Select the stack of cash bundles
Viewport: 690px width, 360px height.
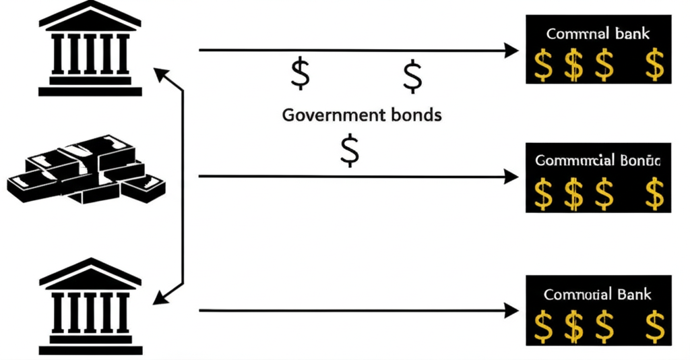pos(86,169)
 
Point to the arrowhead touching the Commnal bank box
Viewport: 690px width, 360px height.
pos(512,50)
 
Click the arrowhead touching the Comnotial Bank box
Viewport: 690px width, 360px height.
pos(512,310)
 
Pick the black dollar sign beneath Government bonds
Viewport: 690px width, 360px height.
pos(350,150)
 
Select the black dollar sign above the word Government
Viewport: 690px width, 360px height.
pos(300,73)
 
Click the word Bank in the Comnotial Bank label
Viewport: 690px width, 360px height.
pos(634,295)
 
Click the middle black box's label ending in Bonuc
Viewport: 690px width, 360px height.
pos(598,160)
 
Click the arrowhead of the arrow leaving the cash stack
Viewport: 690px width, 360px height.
pos(512,177)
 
